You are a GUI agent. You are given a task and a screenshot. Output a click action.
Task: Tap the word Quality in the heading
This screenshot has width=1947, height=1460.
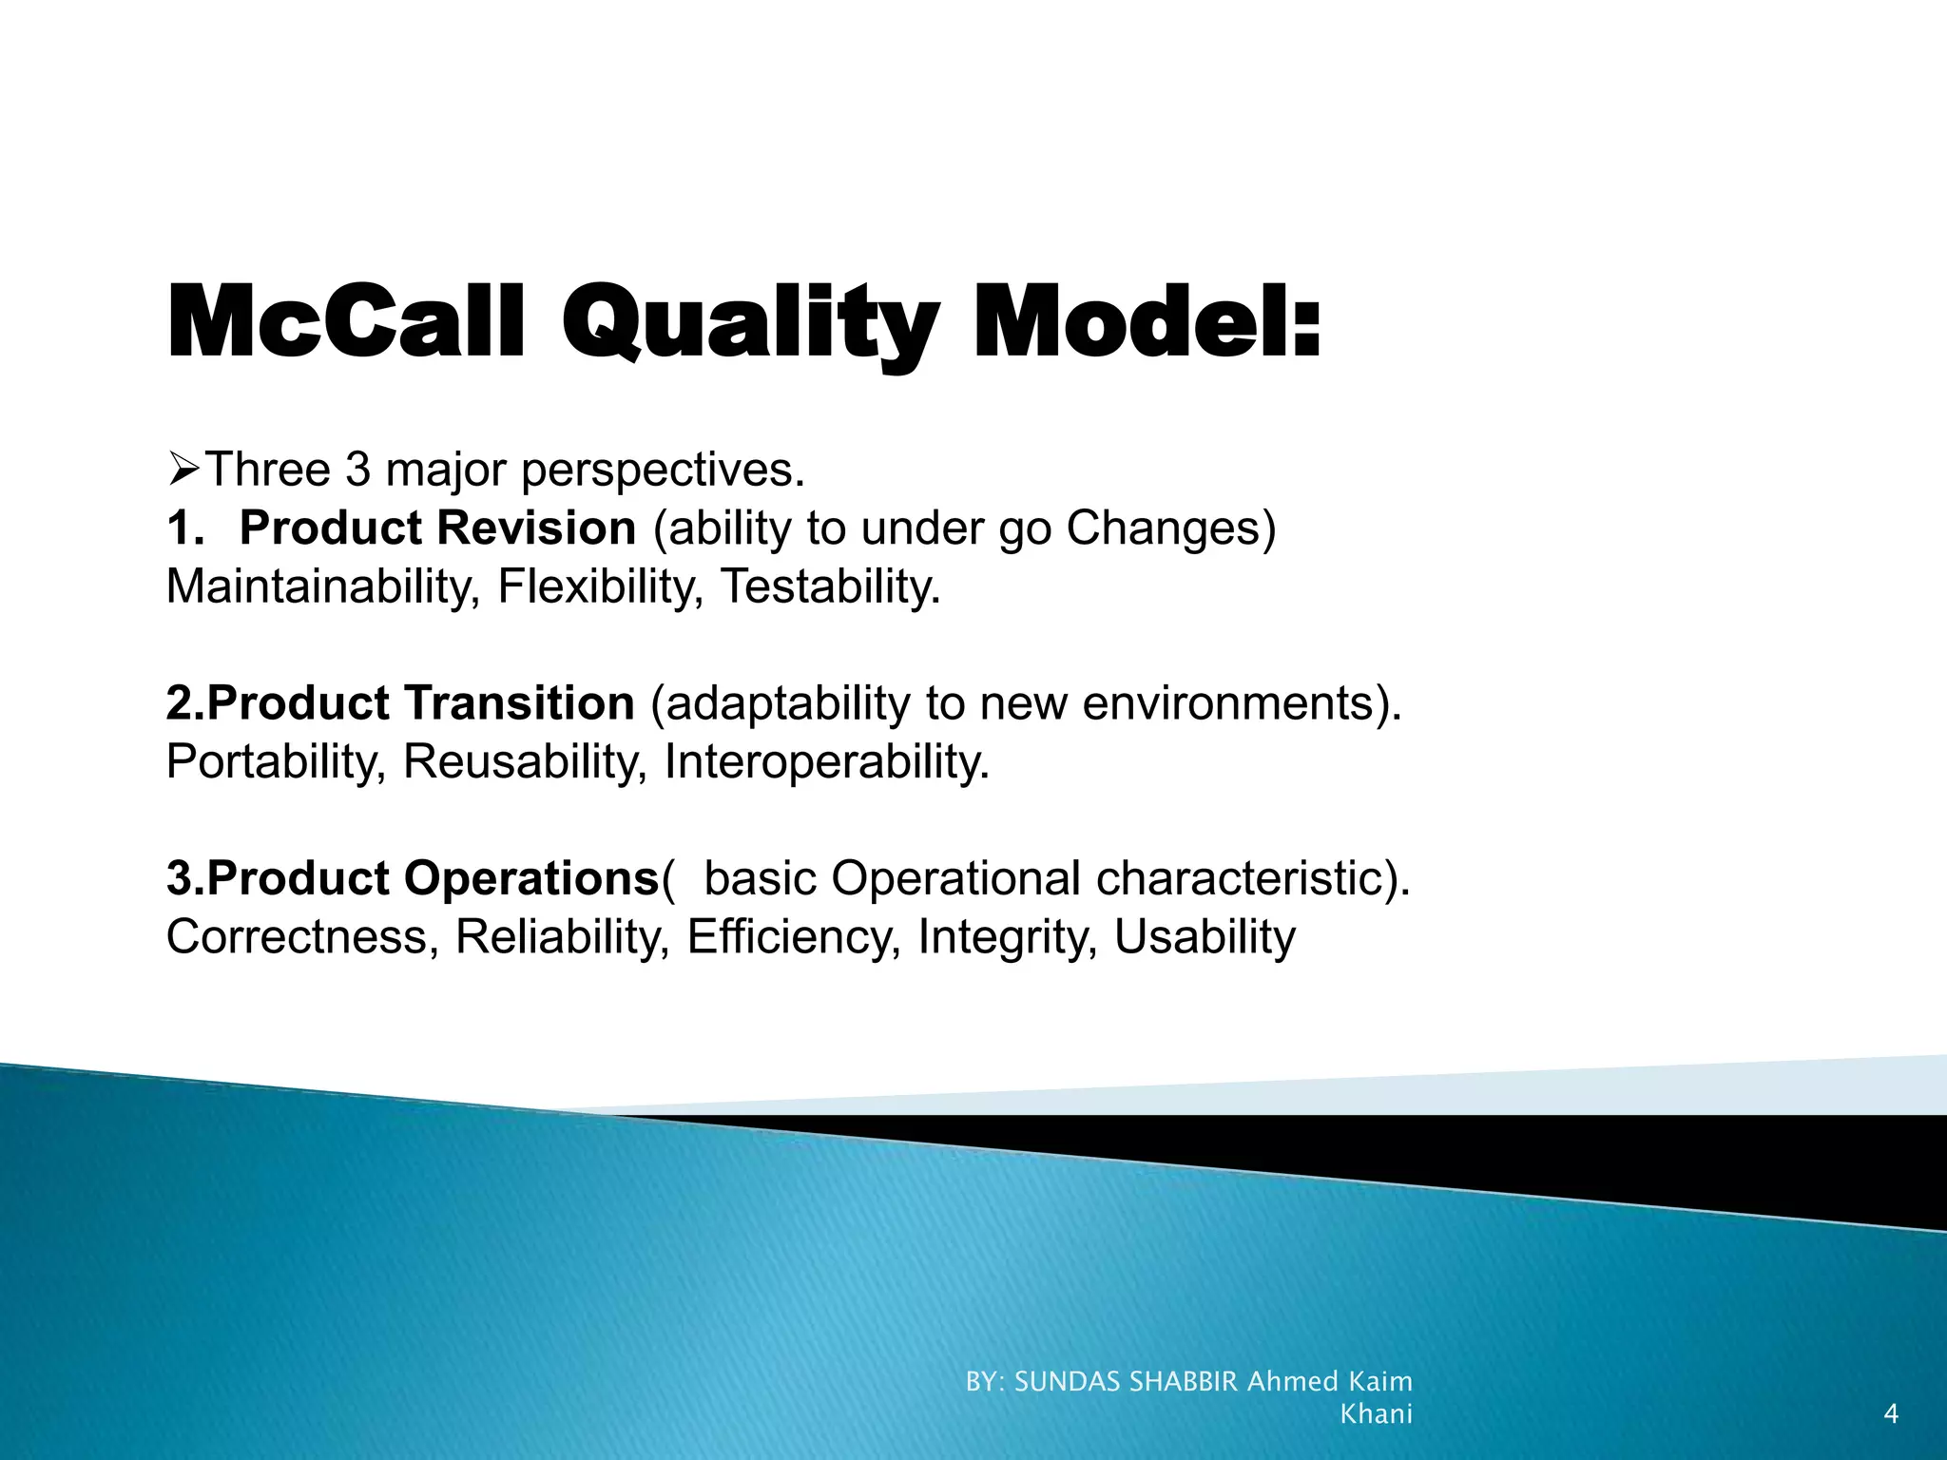pyautogui.click(x=750, y=322)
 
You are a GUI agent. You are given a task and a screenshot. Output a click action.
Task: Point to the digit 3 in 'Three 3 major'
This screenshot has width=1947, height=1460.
pyautogui.click(x=357, y=470)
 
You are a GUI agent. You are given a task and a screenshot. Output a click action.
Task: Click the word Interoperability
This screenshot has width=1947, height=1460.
pyautogui.click(x=826, y=761)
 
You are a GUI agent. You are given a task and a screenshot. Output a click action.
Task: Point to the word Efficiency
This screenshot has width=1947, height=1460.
pyautogui.click(x=793, y=937)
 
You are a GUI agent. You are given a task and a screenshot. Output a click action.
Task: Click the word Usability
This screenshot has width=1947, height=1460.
pyautogui.click(x=1205, y=937)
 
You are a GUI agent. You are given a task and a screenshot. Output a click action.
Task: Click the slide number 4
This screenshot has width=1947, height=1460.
pyautogui.click(x=1890, y=1414)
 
